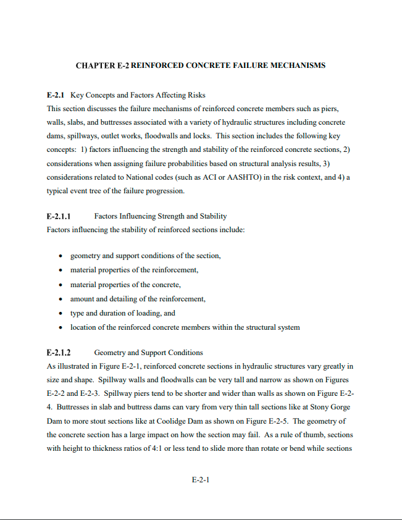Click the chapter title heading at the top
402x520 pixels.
click(200, 65)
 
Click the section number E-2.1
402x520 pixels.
click(56, 95)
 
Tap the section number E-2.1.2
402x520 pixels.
click(59, 353)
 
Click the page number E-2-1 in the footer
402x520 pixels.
click(201, 480)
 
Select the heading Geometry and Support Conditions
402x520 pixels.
click(148, 353)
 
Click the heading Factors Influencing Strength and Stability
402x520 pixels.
click(161, 216)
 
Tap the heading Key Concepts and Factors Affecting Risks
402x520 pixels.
click(138, 95)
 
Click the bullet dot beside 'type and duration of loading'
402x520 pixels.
click(59, 313)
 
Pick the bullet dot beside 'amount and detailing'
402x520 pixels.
click(59, 299)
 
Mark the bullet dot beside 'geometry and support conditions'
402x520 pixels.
click(59, 256)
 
